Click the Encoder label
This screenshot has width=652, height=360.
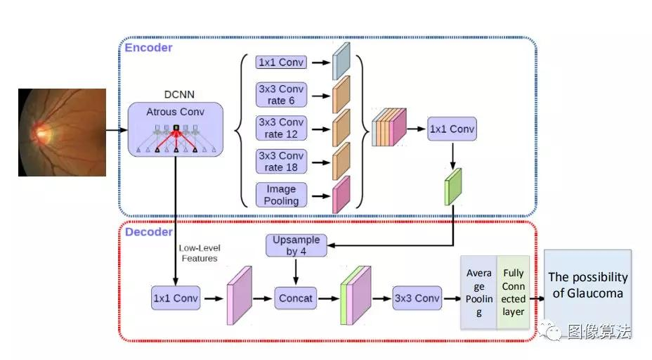148,48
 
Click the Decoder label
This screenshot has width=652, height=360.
149,231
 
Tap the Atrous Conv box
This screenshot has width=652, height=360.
175,129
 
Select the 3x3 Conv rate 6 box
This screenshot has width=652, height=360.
281,95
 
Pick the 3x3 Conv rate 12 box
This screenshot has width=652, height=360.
281,128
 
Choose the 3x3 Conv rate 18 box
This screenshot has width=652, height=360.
281,161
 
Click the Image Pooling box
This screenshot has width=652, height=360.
281,195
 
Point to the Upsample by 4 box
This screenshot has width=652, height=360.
296,245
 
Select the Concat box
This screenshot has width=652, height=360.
296,298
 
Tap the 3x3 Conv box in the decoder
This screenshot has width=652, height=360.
417,298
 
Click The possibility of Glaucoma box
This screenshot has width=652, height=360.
587,284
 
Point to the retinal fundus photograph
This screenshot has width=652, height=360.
62,132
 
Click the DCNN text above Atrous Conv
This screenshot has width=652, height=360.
175,94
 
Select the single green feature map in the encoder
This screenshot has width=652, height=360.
452,186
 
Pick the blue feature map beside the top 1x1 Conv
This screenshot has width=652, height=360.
341,61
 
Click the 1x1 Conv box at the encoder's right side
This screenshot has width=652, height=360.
451,129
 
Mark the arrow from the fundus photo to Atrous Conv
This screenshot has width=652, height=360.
117,130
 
